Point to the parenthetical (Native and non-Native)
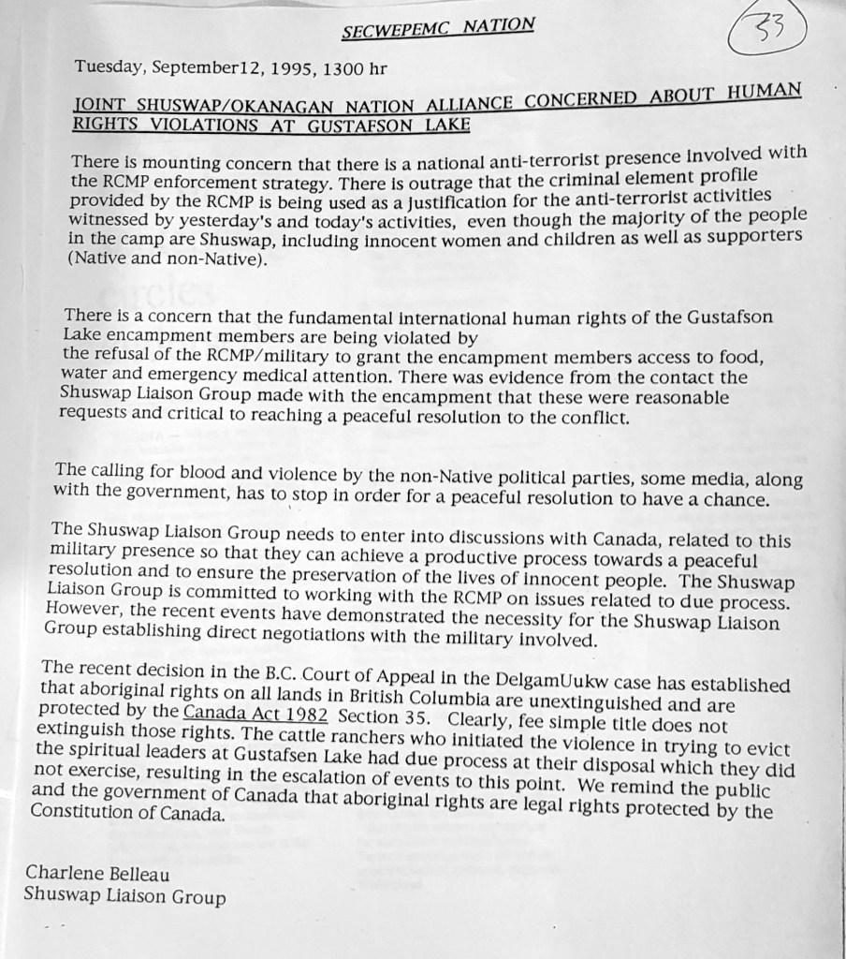pos(168,260)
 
